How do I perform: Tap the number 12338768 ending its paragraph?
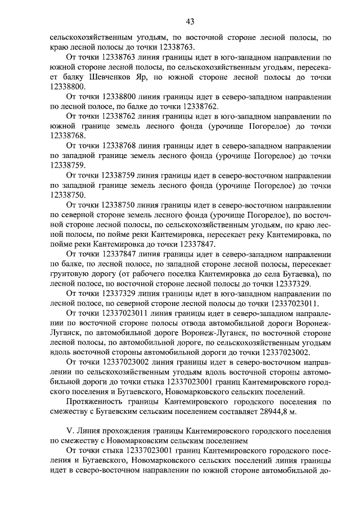[68, 136]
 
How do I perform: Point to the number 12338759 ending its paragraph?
[68, 165]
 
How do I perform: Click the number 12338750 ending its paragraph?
[68, 195]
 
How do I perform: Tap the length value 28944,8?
[276, 411]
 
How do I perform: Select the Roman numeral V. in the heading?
[70, 431]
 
